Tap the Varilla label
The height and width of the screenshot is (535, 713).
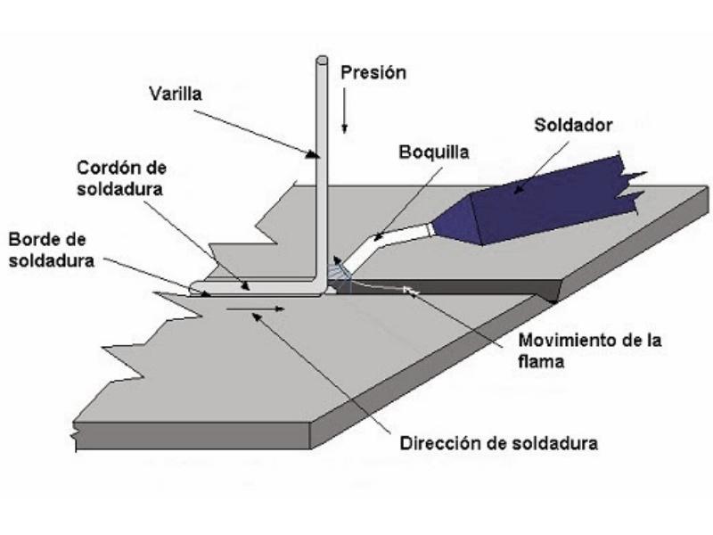[176, 92]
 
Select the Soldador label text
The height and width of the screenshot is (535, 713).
[573, 125]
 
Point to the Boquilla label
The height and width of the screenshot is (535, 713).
[433, 152]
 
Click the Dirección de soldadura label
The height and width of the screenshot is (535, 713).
[498, 442]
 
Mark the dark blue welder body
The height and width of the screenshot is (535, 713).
[553, 203]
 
